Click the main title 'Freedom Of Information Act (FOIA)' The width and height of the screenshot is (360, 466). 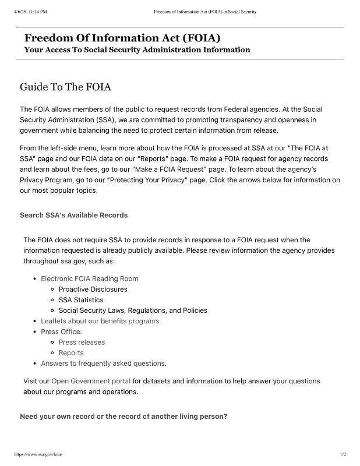(x=122, y=38)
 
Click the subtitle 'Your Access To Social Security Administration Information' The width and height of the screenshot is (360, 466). (x=137, y=50)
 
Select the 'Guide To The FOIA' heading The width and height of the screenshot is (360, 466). (x=65, y=87)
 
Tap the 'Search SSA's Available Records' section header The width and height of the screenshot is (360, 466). (x=73, y=215)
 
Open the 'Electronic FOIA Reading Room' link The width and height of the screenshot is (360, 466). (x=90, y=278)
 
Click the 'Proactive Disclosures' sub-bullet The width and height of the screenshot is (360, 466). (x=93, y=289)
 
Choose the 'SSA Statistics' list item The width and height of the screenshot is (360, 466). (x=81, y=300)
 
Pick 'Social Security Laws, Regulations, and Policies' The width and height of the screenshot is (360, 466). (x=133, y=310)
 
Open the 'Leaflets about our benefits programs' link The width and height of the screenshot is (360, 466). (x=100, y=321)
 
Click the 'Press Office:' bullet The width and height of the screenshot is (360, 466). (x=61, y=331)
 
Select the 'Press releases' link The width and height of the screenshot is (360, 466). (x=82, y=343)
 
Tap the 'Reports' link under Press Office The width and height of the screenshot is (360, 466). (x=71, y=353)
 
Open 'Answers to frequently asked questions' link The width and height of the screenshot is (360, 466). (x=103, y=363)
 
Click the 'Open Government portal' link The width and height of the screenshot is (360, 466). (x=91, y=381)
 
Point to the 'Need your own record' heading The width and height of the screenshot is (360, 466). (x=123, y=416)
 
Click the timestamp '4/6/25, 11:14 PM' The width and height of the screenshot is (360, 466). (x=30, y=12)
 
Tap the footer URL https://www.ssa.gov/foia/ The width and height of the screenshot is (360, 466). (x=37, y=454)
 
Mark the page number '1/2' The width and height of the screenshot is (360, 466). (x=343, y=454)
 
